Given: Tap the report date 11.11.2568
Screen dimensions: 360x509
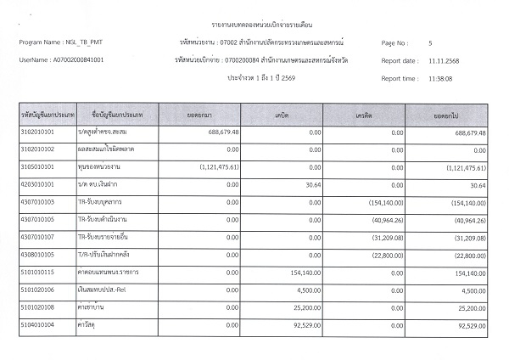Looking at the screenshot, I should coord(446,61).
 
